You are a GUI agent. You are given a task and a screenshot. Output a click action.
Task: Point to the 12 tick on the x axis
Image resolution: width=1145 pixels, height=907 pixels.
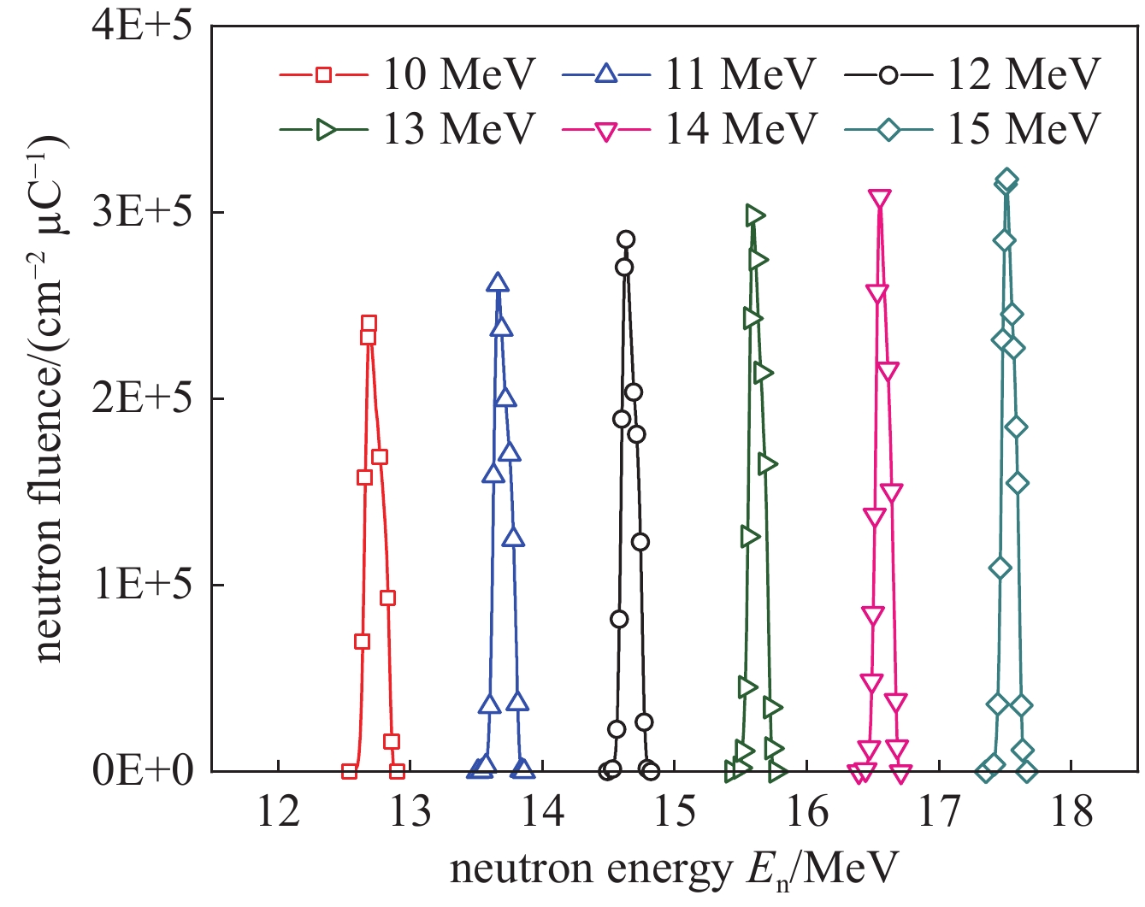[x=279, y=810]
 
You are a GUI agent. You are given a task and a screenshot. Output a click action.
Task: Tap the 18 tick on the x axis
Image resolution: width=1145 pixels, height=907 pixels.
[x=1071, y=810]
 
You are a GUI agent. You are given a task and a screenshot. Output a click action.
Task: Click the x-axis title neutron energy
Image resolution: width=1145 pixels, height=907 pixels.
[x=674, y=869]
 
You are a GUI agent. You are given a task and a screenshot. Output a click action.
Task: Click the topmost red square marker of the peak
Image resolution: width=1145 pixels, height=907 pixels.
[x=369, y=324]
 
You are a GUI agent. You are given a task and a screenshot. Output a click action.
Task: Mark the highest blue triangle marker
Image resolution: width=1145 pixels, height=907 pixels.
[x=498, y=284]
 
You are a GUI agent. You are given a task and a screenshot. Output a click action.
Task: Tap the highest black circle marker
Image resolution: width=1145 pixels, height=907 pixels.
[x=626, y=239]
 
